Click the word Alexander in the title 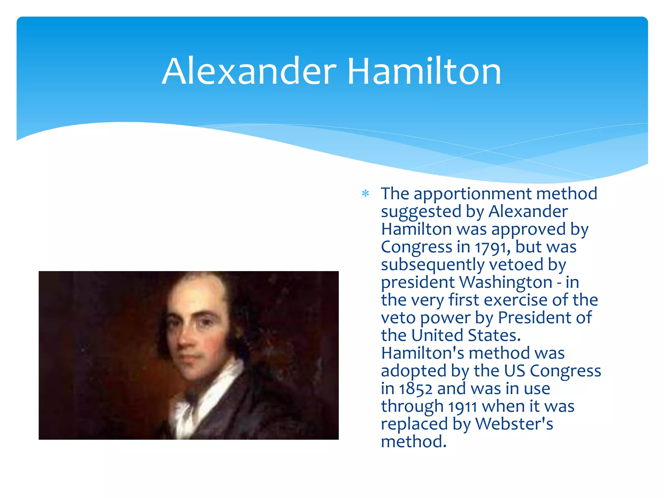(x=249, y=71)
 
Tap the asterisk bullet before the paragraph (x=365, y=194)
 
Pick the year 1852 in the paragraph (x=415, y=389)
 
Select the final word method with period (x=413, y=442)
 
